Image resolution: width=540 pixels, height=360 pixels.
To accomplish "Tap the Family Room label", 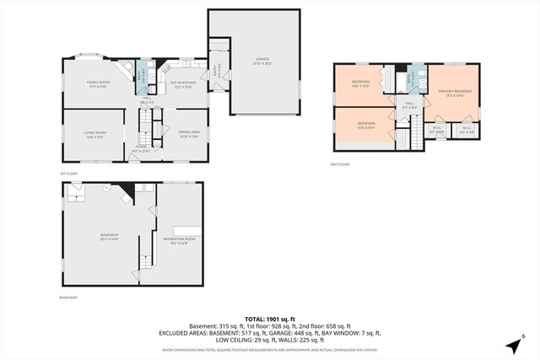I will (99, 83).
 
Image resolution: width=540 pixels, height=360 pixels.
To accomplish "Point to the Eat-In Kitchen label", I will (183, 83).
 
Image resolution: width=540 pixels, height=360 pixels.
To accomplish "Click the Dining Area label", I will (189, 133).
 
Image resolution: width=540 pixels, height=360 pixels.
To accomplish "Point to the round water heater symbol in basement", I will (106, 189).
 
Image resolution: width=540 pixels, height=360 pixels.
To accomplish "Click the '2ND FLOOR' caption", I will (339, 164).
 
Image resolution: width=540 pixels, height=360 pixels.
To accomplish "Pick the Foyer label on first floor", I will (141, 149).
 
